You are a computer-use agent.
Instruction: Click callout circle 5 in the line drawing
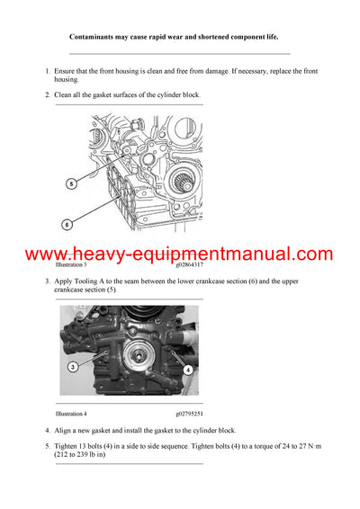(70, 183)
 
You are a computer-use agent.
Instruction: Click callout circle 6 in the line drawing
(67, 224)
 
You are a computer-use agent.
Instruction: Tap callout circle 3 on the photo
(73, 366)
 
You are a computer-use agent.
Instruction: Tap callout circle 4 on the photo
(187, 369)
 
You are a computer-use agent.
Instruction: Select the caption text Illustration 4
(71, 414)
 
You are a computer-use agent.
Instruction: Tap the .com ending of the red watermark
(312, 254)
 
